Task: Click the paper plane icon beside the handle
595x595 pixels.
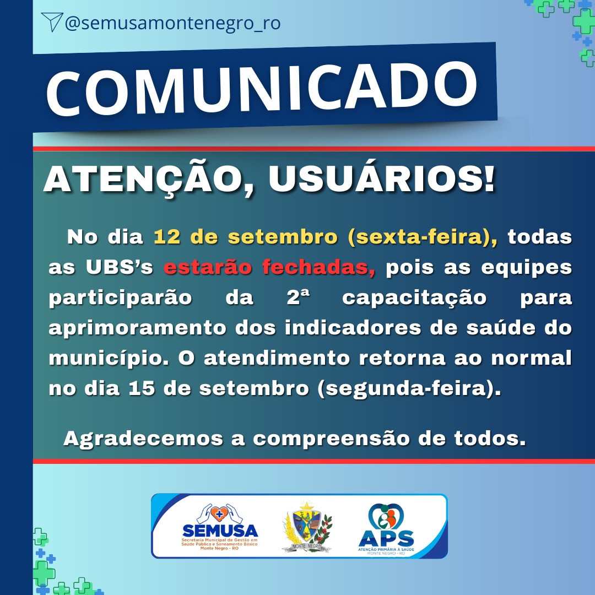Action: pyautogui.click(x=52, y=22)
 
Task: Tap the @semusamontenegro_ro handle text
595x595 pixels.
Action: pyautogui.click(x=172, y=23)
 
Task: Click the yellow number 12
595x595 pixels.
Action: pyautogui.click(x=166, y=237)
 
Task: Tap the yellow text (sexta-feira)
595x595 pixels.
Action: pyautogui.click(x=423, y=237)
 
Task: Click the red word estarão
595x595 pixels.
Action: pyautogui.click(x=208, y=267)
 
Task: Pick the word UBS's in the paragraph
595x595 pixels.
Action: pyautogui.click(x=120, y=267)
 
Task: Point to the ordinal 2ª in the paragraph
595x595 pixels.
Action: pyautogui.click(x=298, y=297)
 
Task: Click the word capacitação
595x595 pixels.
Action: pyautogui.click(x=414, y=298)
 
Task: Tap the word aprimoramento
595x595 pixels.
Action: pyautogui.click(x=137, y=328)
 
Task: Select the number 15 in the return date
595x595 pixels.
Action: pyautogui.click(x=142, y=388)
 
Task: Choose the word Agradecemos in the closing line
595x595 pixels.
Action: pyautogui.click(x=143, y=439)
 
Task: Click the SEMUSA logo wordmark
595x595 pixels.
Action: pyautogui.click(x=220, y=531)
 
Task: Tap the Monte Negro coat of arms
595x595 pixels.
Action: pyautogui.click(x=307, y=527)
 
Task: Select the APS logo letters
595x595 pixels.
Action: pyautogui.click(x=386, y=538)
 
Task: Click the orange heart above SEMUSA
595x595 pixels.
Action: pyautogui.click(x=219, y=514)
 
